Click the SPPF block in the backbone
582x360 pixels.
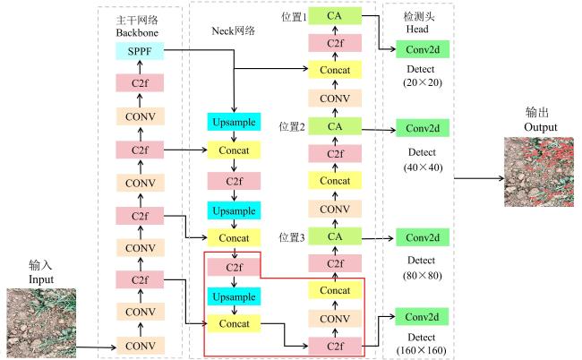click(140, 51)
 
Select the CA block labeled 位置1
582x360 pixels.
click(335, 16)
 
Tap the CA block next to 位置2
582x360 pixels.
click(335, 126)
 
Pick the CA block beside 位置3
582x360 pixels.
click(335, 236)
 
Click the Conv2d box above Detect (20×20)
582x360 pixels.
click(423, 49)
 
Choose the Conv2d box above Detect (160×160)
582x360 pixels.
click(422, 317)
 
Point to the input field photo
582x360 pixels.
click(41, 323)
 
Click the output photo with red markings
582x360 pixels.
click(538, 172)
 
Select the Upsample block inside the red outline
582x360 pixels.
click(234, 296)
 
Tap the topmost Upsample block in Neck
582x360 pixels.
click(234, 122)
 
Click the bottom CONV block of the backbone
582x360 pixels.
click(140, 346)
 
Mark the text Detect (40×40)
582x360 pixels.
click(423, 160)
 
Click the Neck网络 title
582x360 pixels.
click(233, 30)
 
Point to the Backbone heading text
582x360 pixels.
click(137, 32)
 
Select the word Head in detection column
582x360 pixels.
click(417, 29)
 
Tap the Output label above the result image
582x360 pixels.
click(541, 127)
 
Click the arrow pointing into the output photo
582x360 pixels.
click(479, 178)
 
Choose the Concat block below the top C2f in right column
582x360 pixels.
click(335, 70)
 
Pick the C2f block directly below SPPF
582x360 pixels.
click(140, 82)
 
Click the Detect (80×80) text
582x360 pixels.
click(422, 268)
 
